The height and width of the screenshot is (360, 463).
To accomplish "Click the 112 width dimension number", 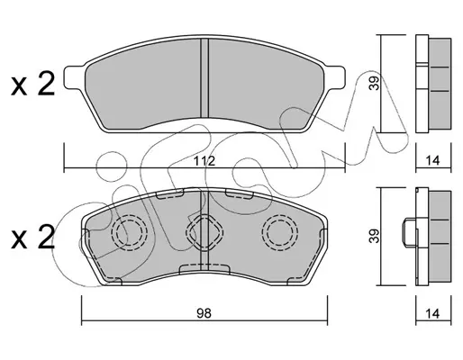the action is coord(204,161).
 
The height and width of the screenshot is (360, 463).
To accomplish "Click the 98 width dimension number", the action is coord(204,313).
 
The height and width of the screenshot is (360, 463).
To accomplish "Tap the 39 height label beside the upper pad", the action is coord(375,83).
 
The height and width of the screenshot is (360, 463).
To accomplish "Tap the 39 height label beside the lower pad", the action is coord(375,236).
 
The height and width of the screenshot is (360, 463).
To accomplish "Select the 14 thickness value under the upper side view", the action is coord(432,160).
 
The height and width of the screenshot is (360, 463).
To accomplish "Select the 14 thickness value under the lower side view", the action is coord(432,314).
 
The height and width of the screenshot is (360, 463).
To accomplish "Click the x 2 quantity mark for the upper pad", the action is coord(33,85).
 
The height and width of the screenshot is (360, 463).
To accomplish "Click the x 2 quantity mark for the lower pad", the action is coord(33,237).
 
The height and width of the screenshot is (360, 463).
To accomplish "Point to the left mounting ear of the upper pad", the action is coord(75,77).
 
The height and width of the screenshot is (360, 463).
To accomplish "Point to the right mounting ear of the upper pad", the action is coord(335,77).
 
